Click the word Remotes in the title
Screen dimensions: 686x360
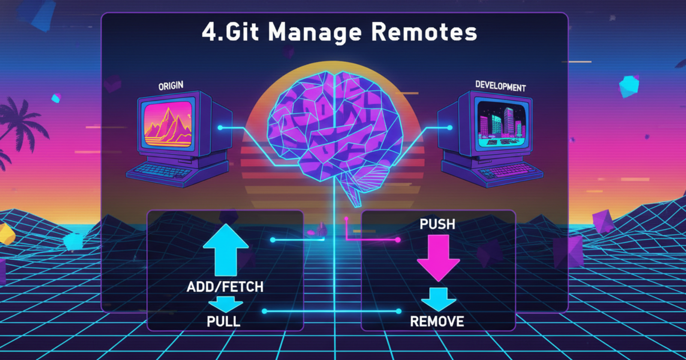coord(424,32)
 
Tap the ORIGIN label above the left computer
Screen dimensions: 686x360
coord(171,86)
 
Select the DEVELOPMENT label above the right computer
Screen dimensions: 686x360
coord(500,86)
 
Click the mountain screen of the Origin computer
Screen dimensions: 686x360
coord(168,124)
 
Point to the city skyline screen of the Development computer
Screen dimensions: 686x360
coord(502,124)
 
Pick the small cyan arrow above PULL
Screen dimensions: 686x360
coord(226,304)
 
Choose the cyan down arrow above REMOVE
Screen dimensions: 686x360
coord(439,299)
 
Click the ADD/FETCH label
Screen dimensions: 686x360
coord(225,287)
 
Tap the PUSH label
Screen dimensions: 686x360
coord(437,225)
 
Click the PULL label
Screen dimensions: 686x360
coord(223,321)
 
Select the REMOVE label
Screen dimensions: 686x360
coord(437,321)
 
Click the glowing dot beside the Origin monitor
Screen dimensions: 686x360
coord(220,128)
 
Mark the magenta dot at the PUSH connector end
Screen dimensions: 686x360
coord(398,240)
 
